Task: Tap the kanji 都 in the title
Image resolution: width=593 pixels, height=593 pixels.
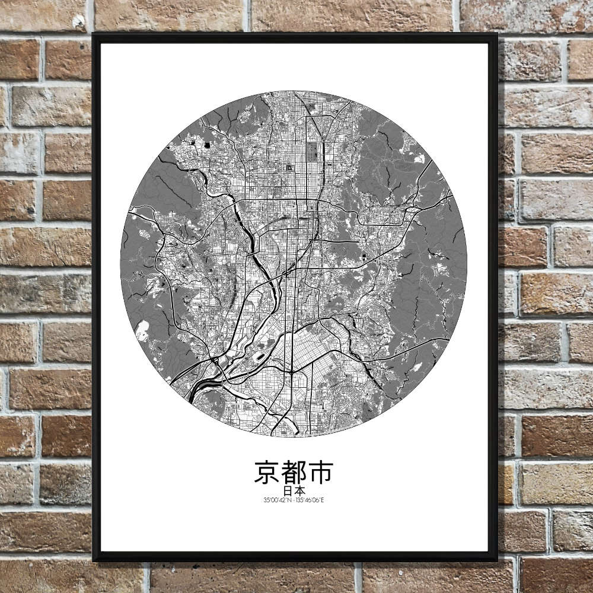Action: (x=294, y=473)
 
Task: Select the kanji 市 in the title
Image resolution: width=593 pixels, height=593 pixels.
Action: (x=321, y=473)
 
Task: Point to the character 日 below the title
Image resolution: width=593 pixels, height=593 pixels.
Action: (x=287, y=491)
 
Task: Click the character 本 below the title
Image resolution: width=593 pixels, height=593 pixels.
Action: (x=301, y=491)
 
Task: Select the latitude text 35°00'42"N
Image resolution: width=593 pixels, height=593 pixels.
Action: (x=278, y=500)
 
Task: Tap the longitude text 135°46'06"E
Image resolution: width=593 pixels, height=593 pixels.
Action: (x=311, y=500)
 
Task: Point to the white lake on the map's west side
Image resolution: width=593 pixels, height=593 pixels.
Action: (x=142, y=331)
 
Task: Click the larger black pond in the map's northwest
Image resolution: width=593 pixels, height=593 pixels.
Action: (x=207, y=144)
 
